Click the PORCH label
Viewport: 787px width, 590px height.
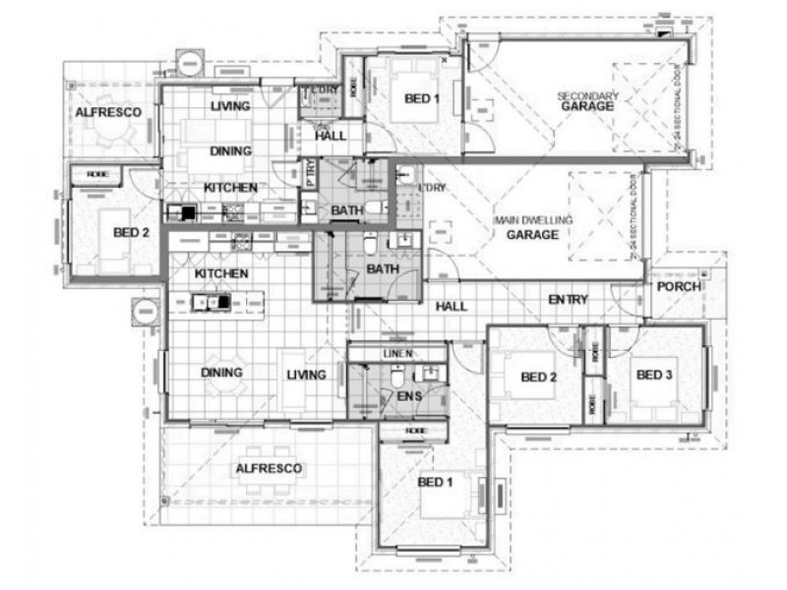tap(680, 287)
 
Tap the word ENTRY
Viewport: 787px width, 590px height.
tap(568, 299)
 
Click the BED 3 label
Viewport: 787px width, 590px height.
tap(654, 375)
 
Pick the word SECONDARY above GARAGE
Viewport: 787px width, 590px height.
tap(587, 95)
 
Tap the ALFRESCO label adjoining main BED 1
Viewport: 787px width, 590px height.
tap(269, 469)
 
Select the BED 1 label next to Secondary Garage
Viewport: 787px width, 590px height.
tap(418, 98)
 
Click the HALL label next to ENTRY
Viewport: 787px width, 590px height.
tap(451, 307)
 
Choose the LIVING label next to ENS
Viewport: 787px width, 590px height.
tap(306, 374)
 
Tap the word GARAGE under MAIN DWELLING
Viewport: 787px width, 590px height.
tap(532, 235)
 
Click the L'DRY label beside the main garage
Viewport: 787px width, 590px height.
tap(431, 187)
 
